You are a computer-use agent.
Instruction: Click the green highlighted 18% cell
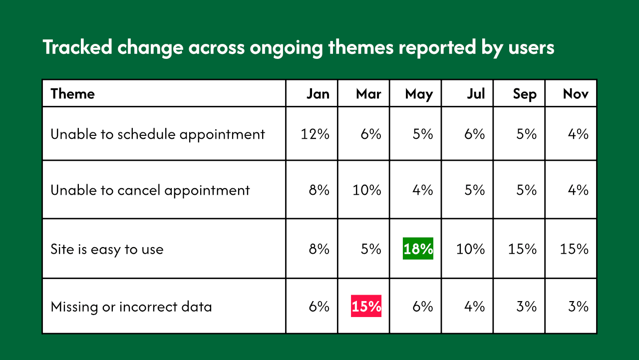418,249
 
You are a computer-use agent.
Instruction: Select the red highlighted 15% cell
366,306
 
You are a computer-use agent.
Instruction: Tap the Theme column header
72,94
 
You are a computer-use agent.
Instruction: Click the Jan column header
318,94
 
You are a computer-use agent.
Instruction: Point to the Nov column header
576,94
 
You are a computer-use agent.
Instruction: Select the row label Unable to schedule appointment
158,134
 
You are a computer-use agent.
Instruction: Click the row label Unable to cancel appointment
150,190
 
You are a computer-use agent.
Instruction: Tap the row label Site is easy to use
107,249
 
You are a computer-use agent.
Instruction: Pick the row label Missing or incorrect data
131,307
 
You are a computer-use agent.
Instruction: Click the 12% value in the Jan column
315,134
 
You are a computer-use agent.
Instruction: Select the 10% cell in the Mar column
367,190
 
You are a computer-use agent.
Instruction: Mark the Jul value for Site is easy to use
470,249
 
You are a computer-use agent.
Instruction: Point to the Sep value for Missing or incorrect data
527,306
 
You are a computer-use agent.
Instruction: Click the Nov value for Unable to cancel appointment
579,190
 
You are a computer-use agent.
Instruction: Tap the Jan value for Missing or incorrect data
319,306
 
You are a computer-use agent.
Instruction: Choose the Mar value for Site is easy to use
371,249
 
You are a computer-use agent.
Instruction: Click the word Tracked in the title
76,47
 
